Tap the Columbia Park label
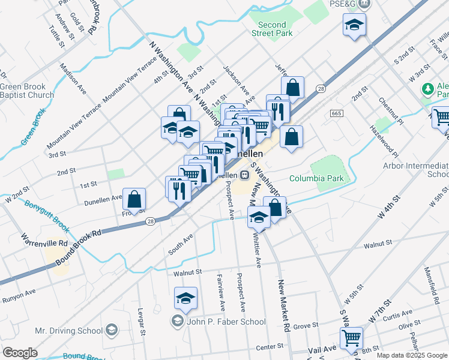click(x=316, y=178)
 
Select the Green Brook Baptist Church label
click(x=27, y=91)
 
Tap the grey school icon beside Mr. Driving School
click(x=111, y=330)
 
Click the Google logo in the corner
click(x=20, y=353)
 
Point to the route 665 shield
click(x=336, y=113)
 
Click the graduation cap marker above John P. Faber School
click(x=186, y=297)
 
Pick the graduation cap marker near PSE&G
click(x=354, y=25)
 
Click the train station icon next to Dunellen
click(x=244, y=175)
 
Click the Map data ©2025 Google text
click(x=412, y=355)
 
